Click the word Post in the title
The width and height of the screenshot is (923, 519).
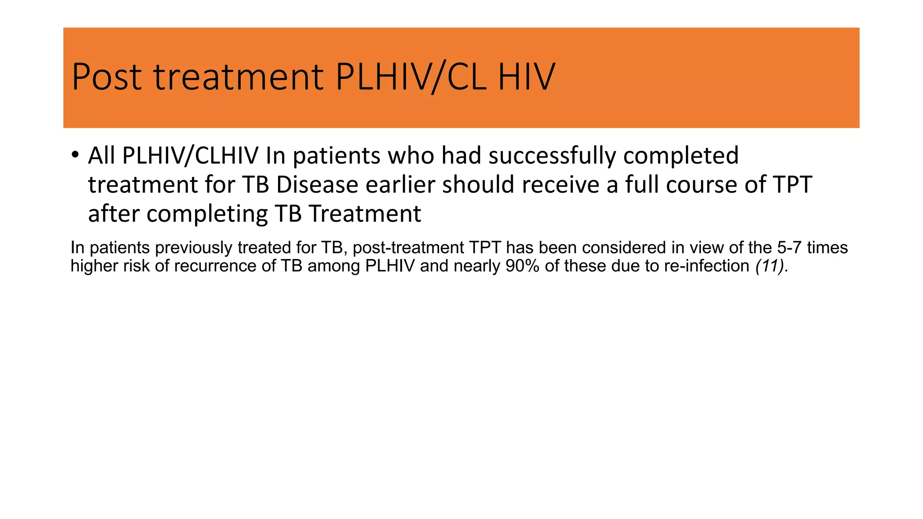tap(107, 77)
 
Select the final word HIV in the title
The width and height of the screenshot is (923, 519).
tap(526, 77)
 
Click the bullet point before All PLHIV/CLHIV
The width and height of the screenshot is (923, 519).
tap(75, 155)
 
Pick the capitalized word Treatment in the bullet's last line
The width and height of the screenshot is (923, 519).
tap(365, 214)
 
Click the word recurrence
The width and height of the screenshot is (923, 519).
tap(217, 266)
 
